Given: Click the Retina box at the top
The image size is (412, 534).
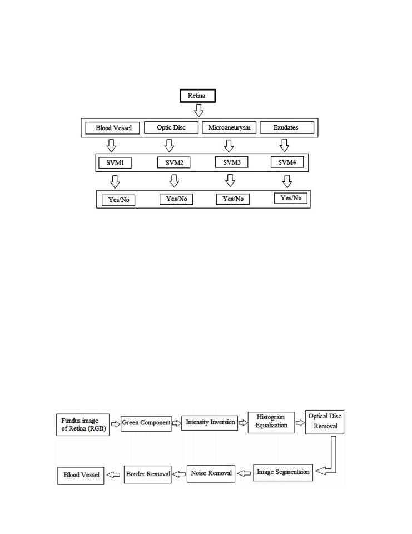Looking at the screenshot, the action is click(197, 96).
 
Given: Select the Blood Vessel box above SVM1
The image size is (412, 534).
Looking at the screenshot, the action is click(112, 128).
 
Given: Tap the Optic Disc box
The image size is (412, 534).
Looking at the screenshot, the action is click(171, 128).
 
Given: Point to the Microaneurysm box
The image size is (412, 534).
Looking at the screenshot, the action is click(229, 128).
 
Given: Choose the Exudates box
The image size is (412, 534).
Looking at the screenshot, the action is click(287, 128).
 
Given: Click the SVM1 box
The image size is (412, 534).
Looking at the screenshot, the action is click(115, 163).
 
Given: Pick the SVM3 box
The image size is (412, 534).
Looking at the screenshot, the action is click(231, 162).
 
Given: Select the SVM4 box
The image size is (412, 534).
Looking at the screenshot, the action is click(287, 162).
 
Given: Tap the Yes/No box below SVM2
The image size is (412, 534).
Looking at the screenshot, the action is click(176, 199).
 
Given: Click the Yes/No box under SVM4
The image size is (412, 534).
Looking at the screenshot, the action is click(290, 198).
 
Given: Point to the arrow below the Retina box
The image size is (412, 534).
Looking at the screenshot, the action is click(198, 110).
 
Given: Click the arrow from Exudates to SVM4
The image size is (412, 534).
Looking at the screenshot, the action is click(284, 145).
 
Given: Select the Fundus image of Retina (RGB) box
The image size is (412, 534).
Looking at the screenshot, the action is click(83, 424).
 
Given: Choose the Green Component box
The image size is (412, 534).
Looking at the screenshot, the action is click(146, 423).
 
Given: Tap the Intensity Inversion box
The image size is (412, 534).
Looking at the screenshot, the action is click(210, 423).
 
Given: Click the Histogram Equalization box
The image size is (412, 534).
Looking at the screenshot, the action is click(271, 422).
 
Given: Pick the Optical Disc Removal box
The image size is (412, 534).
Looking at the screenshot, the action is click(325, 422).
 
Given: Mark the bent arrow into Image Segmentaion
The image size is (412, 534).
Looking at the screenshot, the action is click(334, 456).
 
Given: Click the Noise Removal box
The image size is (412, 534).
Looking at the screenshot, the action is click(211, 474).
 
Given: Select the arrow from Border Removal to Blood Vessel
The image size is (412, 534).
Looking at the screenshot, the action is click(113, 474).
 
